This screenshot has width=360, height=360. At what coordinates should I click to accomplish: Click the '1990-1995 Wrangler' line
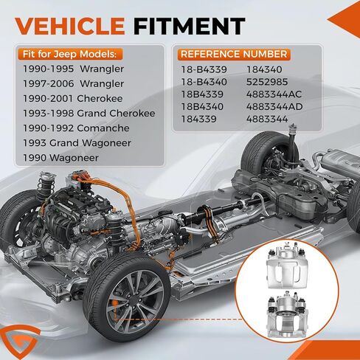[x=70, y=71]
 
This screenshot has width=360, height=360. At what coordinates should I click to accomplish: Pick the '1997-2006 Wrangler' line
[x=70, y=85]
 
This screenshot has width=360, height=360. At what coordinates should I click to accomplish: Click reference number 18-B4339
[x=202, y=71]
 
